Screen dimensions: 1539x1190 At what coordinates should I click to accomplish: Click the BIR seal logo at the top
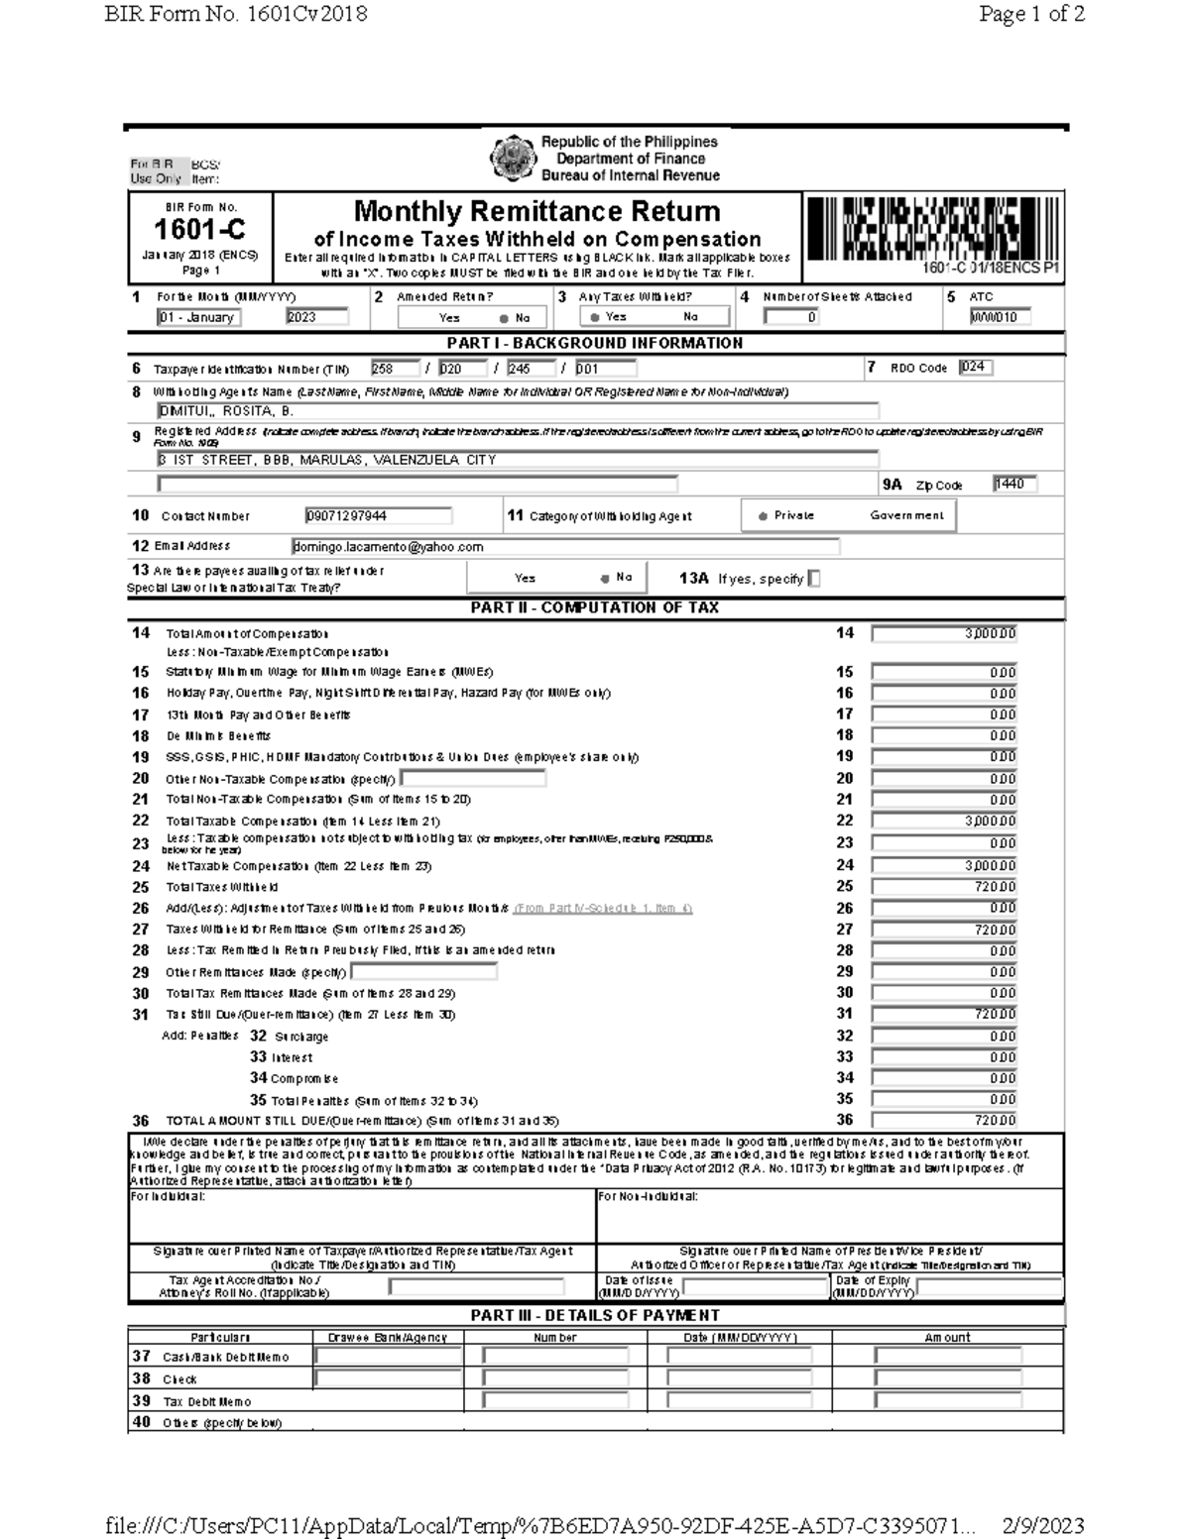[x=514, y=159]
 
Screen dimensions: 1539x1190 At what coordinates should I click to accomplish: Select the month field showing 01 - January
[x=198, y=317]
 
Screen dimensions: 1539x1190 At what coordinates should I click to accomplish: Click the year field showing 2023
[x=316, y=317]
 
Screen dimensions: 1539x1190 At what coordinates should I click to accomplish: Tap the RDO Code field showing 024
[x=975, y=368]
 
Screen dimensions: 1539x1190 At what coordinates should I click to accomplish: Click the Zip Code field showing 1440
[x=1013, y=484]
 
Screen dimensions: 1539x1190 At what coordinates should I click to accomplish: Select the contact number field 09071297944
[x=378, y=516]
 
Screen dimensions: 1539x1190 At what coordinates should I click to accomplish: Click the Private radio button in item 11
[x=763, y=516]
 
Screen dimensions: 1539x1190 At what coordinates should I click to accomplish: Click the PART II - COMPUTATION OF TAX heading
[x=594, y=607]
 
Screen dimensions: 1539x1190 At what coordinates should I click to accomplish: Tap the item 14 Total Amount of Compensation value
[x=943, y=634]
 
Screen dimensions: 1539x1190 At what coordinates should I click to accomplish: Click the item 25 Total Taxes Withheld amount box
[x=943, y=887]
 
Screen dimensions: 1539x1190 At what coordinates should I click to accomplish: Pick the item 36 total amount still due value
[x=943, y=1121]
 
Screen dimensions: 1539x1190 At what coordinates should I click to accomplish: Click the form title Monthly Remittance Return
[x=536, y=212]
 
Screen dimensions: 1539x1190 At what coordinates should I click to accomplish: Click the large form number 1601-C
[x=199, y=230]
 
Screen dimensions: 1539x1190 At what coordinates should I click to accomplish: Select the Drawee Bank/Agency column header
[x=387, y=1338]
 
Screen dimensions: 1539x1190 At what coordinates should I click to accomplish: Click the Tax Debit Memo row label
[x=206, y=1402]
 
